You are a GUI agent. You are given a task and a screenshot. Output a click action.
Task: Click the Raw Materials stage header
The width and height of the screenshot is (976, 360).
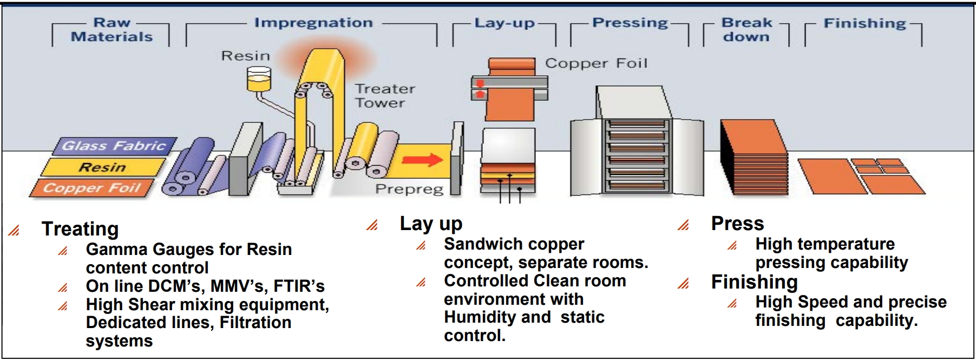pos(112,30)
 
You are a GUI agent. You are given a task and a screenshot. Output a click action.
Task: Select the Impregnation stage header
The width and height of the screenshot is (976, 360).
pos(313,23)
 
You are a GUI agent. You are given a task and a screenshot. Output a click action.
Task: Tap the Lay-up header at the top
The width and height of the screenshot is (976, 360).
pos(505,23)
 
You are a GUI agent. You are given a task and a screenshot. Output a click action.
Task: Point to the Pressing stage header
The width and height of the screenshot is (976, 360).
pos(630,23)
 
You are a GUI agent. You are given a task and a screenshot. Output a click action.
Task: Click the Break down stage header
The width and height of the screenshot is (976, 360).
pos(746,30)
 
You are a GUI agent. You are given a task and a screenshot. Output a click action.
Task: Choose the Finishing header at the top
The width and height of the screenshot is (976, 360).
pos(864,23)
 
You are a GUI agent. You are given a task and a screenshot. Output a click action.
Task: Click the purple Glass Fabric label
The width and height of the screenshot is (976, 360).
pos(114,146)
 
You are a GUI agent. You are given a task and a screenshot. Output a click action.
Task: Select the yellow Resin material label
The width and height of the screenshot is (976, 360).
pos(102,167)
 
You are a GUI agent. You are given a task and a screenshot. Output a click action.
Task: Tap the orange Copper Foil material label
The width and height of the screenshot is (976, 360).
pos(92,188)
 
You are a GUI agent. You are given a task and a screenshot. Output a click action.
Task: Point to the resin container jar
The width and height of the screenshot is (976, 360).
pos(258,79)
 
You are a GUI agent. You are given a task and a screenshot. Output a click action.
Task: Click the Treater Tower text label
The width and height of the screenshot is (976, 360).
pos(384,96)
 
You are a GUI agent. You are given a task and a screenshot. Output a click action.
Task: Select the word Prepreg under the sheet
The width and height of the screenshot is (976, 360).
pos(409,189)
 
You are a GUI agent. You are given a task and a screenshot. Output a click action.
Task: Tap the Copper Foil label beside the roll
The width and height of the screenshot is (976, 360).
pos(596,63)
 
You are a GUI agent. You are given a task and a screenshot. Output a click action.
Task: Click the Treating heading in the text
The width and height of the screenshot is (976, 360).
pos(80,229)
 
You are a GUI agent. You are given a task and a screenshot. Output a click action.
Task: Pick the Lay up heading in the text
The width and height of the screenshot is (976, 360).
pos(431,224)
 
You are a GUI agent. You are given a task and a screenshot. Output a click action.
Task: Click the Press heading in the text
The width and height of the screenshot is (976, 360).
pos(737,224)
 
